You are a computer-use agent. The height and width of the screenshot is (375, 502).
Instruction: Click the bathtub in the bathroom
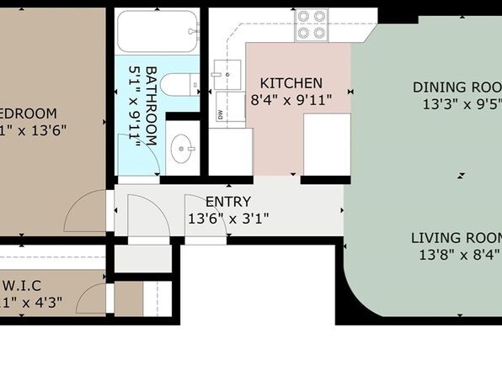click(x=157, y=33)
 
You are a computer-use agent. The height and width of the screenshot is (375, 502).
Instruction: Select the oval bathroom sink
click(x=183, y=151)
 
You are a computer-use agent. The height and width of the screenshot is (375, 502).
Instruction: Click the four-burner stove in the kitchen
click(x=311, y=25)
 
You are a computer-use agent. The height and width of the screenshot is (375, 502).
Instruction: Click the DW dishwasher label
click(x=221, y=115)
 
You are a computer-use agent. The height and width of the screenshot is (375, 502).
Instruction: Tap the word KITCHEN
click(x=291, y=83)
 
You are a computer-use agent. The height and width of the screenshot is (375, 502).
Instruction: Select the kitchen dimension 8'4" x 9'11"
click(x=291, y=100)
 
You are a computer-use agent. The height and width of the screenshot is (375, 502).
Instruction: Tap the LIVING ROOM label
click(x=456, y=237)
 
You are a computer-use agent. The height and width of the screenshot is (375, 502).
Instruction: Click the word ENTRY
click(x=227, y=201)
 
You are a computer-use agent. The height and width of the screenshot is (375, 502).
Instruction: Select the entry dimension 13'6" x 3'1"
click(x=227, y=219)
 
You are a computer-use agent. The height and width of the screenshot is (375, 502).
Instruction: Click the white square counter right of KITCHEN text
click(x=326, y=144)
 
